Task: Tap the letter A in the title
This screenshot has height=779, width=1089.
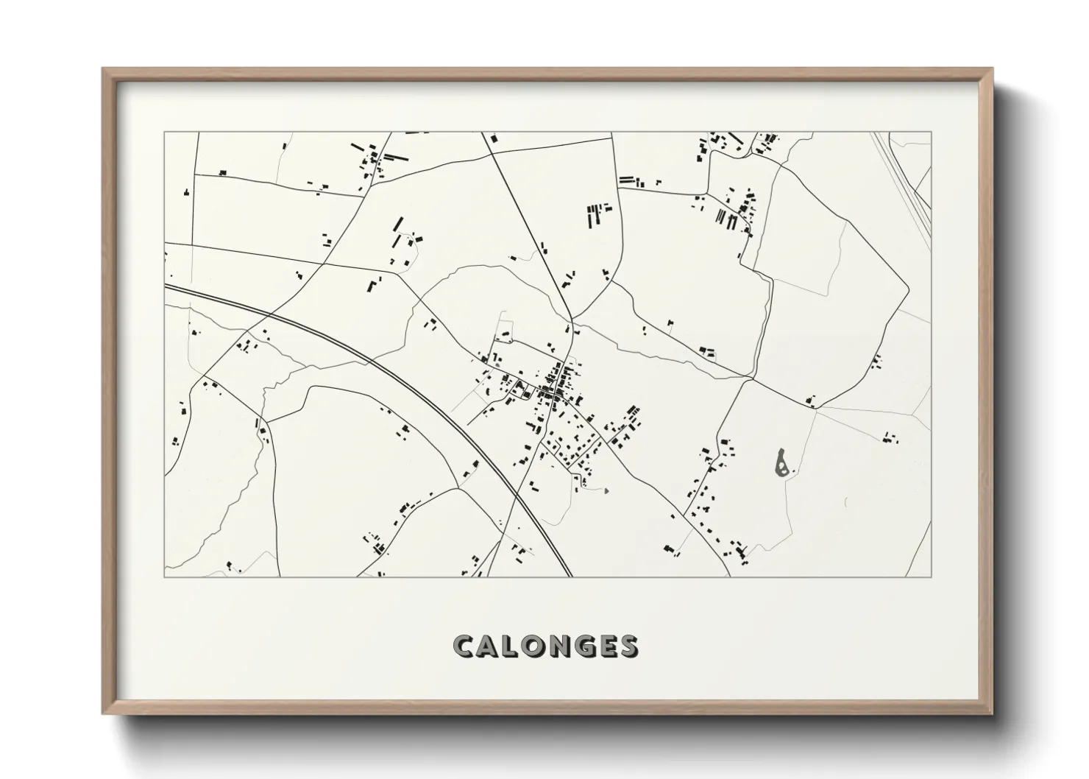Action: (489, 646)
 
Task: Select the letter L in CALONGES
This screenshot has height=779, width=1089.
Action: (511, 646)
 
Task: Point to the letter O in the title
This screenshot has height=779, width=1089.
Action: (535, 646)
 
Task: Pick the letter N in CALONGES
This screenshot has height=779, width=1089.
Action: (561, 646)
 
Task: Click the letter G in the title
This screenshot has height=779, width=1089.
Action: (586, 646)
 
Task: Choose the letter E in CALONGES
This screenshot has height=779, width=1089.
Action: (609, 646)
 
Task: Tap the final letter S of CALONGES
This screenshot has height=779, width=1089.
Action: (629, 646)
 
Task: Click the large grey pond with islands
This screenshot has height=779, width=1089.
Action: (782, 462)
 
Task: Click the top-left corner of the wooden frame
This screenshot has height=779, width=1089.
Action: (103, 69)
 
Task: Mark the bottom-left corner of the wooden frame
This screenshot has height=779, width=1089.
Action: (103, 713)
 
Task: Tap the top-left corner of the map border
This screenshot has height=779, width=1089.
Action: (165, 133)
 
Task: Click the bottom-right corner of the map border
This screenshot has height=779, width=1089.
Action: (931, 577)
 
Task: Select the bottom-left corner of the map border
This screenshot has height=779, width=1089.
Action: (165, 577)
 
